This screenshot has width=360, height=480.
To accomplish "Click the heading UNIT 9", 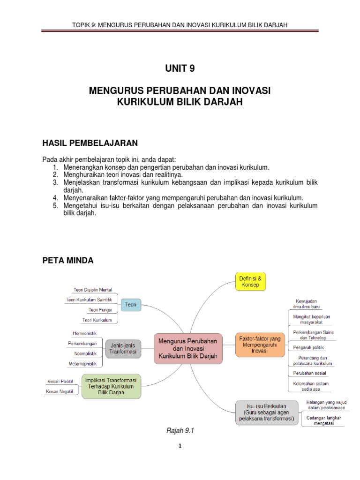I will coord(180,68).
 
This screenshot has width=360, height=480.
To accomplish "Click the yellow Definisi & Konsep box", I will coord(250,281).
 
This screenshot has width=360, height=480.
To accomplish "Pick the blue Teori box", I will coord(131,305).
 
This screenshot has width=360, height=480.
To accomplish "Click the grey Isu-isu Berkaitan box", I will coord(266,412).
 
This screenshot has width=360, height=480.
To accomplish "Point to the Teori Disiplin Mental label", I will coord(93,290).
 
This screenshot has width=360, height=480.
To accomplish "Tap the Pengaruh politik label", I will coord(308,348).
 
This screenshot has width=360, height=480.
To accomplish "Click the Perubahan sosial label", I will coord(310,373).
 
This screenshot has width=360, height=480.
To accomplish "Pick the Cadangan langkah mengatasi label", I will coord(324,420).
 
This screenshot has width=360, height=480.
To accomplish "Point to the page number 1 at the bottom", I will coord(180,446).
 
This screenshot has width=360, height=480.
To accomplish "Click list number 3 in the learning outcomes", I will coord(55,182).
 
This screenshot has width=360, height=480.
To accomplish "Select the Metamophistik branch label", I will coord(84,363).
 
